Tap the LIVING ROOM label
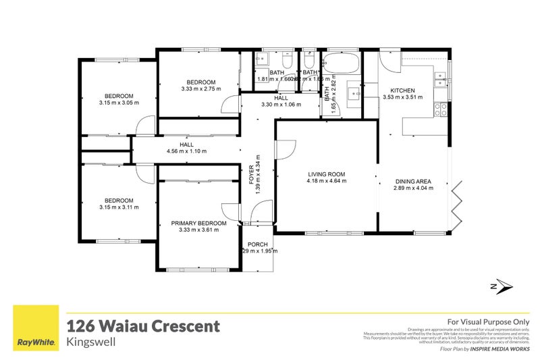click(x=326, y=174)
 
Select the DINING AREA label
click(x=412, y=180)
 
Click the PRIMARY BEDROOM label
click(x=198, y=223)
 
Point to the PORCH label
click(x=259, y=244)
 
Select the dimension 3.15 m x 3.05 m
click(x=118, y=103)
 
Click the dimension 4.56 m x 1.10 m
click(x=187, y=151)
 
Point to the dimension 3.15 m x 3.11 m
click(x=118, y=207)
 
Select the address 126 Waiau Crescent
click(x=142, y=326)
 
